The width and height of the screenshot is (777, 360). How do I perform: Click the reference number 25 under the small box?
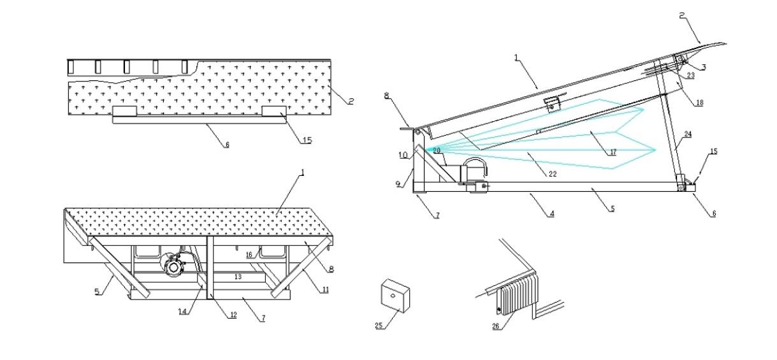click(380, 326)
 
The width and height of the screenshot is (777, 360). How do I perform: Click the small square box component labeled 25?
click(395, 296)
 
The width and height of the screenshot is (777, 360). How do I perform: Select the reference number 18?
click(699, 103)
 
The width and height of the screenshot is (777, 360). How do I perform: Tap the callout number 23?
click(691, 75)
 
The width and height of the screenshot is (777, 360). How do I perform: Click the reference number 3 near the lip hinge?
click(703, 67)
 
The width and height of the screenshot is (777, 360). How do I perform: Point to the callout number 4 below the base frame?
click(551, 214)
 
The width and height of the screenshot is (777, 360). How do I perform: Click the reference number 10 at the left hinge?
click(403, 155)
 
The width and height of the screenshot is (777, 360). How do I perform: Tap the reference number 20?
click(437, 150)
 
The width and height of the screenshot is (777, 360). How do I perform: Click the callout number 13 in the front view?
click(238, 278)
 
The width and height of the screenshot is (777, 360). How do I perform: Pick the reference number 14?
click(183, 311)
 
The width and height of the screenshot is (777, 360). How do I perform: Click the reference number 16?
click(250, 254)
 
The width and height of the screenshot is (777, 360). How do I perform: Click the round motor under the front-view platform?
click(171, 267)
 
